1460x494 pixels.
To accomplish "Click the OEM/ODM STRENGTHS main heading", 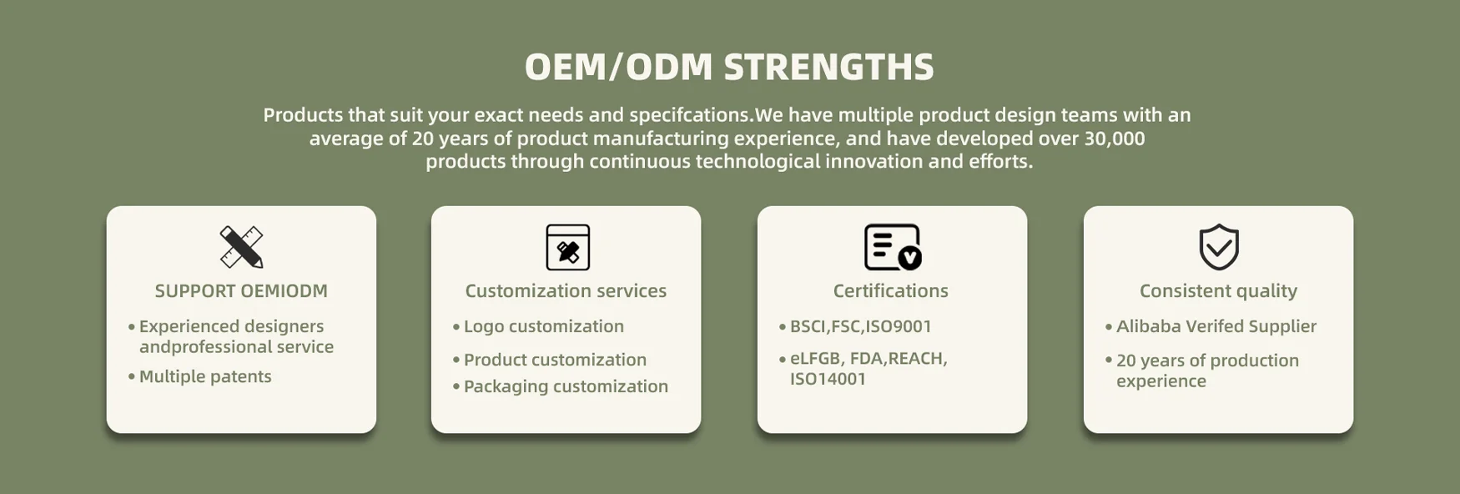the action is (x=729, y=67).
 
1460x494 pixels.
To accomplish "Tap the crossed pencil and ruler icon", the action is (x=241, y=247).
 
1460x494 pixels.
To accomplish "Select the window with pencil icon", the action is (x=567, y=247).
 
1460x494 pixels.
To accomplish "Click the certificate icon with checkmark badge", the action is (x=893, y=247).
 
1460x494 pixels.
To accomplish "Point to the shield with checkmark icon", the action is (x=1219, y=247).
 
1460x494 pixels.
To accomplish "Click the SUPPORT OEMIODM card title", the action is (x=241, y=291).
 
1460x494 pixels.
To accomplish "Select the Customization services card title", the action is (x=566, y=291).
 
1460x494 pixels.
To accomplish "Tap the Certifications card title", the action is (x=891, y=291).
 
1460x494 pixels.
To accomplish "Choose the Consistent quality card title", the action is (x=1218, y=291).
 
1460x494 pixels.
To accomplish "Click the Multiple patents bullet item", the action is (x=200, y=376).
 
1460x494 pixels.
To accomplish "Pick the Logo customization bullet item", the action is (x=538, y=326).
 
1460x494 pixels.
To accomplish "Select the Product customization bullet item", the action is (x=550, y=360).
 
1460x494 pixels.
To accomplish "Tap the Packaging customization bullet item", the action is (x=561, y=386).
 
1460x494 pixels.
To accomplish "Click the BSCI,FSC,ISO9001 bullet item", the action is (x=855, y=326).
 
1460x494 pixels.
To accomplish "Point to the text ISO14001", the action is (x=828, y=379).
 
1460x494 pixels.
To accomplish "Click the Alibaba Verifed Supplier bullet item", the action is (x=1211, y=326).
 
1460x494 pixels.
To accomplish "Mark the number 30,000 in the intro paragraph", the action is (x=1114, y=139).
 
